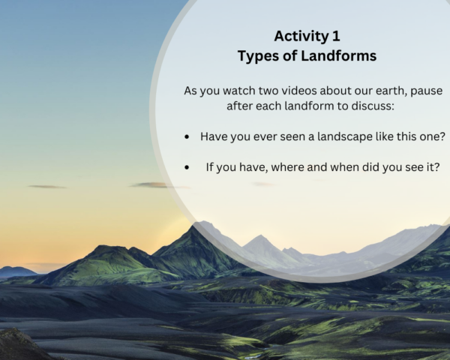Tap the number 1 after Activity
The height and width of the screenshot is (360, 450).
pos(337,36)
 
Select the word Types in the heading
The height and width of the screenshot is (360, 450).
pos(257,55)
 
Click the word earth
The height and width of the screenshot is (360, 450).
pos(393,91)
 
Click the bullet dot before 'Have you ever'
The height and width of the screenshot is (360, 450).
pos(187,137)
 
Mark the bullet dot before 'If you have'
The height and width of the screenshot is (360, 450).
pos(187,168)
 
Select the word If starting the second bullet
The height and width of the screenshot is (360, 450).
pos(211,167)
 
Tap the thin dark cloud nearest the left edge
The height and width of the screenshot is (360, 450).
pos(47,187)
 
